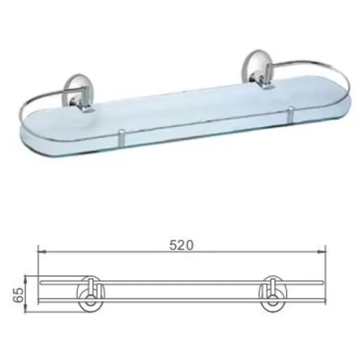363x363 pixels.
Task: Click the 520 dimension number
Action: pyautogui.click(x=181, y=245)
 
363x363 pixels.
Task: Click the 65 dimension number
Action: pyautogui.click(x=19, y=295)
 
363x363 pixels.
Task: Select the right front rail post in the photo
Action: pyautogui.click(x=290, y=115)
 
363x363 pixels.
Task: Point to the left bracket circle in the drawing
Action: pyautogui.click(x=91, y=294)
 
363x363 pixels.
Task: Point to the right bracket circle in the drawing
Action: pyautogui.click(x=273, y=294)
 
